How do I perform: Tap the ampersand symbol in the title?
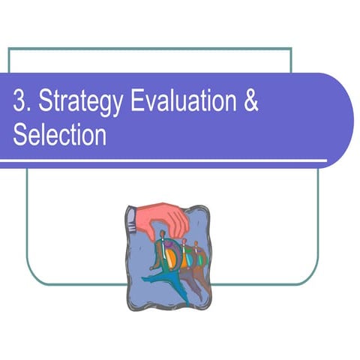click(251, 103)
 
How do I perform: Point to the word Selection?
click(60, 136)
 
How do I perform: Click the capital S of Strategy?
click(43, 103)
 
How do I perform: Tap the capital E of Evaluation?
click(136, 103)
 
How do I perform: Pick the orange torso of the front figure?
click(171, 259)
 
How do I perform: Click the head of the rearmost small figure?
click(197, 245)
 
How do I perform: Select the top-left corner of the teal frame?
click(9, 49)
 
